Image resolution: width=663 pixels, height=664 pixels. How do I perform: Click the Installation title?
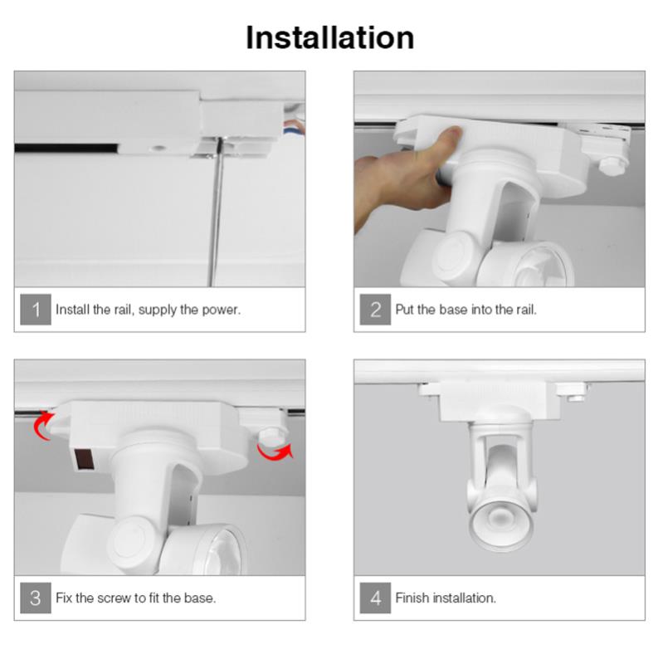(329, 38)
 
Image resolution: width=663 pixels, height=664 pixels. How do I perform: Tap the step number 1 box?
(36, 310)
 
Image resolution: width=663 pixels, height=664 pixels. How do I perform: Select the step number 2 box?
(375, 310)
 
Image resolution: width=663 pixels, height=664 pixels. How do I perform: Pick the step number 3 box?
(36, 598)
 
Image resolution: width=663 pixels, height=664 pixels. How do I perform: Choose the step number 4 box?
(375, 598)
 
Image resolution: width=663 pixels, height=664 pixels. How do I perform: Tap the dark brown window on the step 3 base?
(84, 460)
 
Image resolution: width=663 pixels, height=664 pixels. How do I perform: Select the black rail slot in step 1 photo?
(66, 149)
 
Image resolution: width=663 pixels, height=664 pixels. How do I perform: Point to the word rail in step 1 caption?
(123, 310)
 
